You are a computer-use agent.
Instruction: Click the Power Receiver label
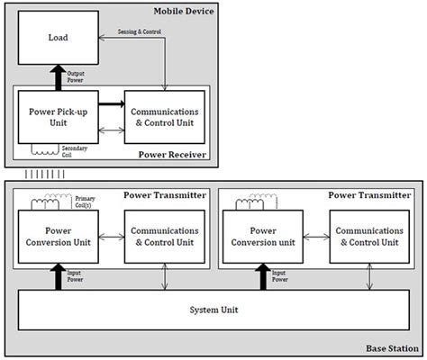173,155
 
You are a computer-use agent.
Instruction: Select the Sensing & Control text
141,31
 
